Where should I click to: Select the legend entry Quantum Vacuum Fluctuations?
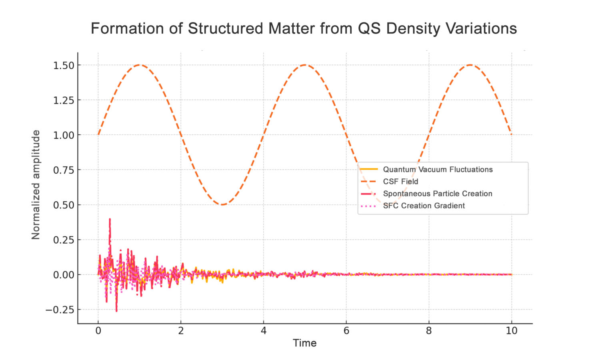pyautogui.click(x=438, y=170)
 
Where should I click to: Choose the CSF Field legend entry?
pyautogui.click(x=400, y=182)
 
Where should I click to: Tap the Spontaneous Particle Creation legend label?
pyautogui.click(x=437, y=194)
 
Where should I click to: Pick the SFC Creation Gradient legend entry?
pyautogui.click(x=424, y=206)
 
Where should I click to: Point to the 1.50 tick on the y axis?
pyautogui.click(x=64, y=65)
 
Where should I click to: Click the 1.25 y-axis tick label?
pyautogui.click(x=64, y=100)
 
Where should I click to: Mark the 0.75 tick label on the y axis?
pyautogui.click(x=64, y=170)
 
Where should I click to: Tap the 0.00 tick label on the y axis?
pyautogui.click(x=64, y=275)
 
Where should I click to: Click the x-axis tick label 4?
pyautogui.click(x=264, y=331)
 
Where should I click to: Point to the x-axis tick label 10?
pyautogui.click(x=512, y=331)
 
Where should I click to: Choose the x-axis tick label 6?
pyautogui.click(x=346, y=331)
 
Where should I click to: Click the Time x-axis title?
pyautogui.click(x=304, y=343)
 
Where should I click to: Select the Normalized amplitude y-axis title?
pyautogui.click(x=36, y=185)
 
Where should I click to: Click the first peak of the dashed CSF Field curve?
pyautogui.click(x=140, y=65)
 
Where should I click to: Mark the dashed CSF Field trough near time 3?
pyautogui.click(x=222, y=204)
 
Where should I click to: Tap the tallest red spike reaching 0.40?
pyautogui.click(x=110, y=219)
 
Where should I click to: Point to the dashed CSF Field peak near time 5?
pyautogui.click(x=305, y=65)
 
